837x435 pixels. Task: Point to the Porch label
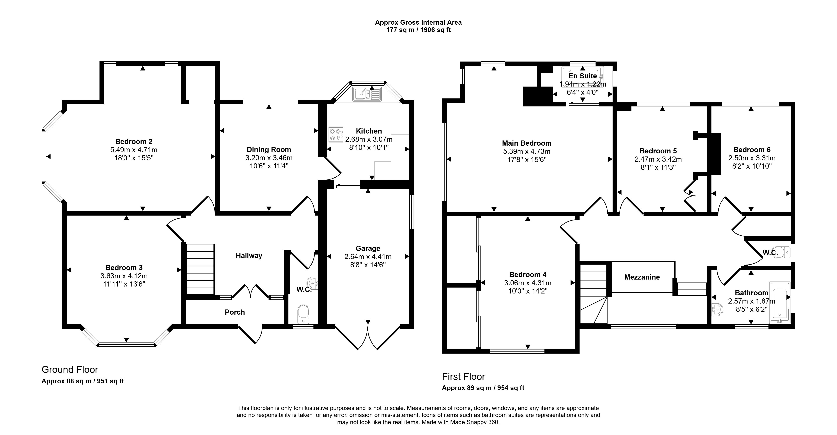235,312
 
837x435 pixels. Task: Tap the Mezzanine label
642,277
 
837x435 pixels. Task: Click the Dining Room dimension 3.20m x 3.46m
269,158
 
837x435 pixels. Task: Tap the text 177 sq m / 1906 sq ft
418,30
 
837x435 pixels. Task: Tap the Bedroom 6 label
751,150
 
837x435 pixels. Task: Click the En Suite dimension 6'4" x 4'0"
582,92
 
